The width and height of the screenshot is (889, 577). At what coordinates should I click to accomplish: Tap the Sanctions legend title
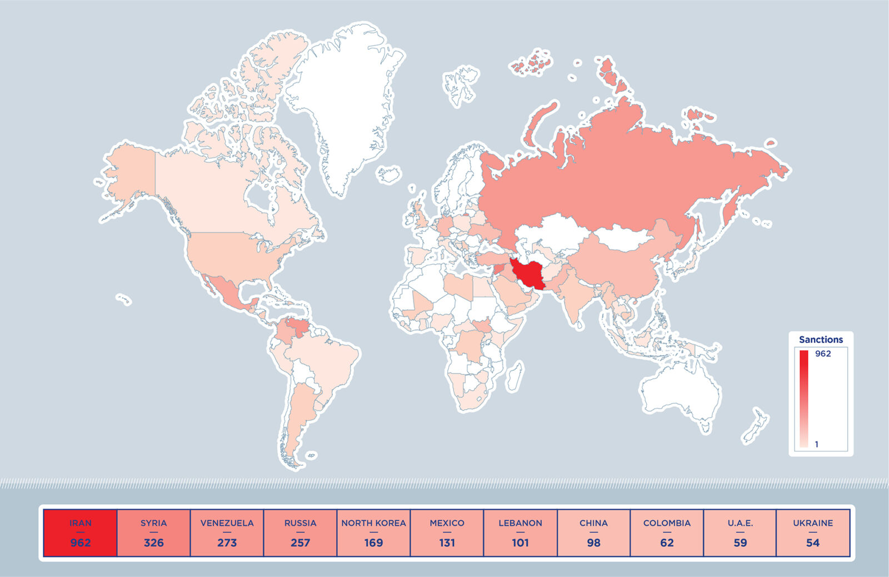(821, 339)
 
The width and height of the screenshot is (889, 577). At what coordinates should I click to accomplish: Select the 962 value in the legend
(823, 354)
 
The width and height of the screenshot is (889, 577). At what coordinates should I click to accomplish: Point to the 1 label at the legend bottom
(816, 444)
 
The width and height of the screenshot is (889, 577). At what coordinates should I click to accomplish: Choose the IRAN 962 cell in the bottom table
(81, 533)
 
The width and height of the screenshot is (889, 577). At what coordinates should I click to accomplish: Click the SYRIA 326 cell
(154, 533)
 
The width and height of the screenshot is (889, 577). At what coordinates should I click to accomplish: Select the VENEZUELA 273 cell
(227, 533)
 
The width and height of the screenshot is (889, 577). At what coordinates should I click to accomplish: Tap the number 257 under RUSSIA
(300, 543)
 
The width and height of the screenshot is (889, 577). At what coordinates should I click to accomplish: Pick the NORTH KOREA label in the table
(373, 523)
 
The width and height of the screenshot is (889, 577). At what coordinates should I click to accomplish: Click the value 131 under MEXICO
(447, 543)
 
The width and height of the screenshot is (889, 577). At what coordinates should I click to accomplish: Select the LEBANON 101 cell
(520, 533)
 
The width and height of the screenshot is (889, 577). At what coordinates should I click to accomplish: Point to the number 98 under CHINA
(593, 543)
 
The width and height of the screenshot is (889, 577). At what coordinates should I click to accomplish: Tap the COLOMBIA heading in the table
(667, 523)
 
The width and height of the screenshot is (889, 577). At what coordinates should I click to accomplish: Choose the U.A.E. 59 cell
(740, 533)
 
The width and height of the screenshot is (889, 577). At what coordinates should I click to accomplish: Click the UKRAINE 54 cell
(813, 533)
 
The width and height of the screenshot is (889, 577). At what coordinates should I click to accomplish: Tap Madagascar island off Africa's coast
(516, 376)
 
